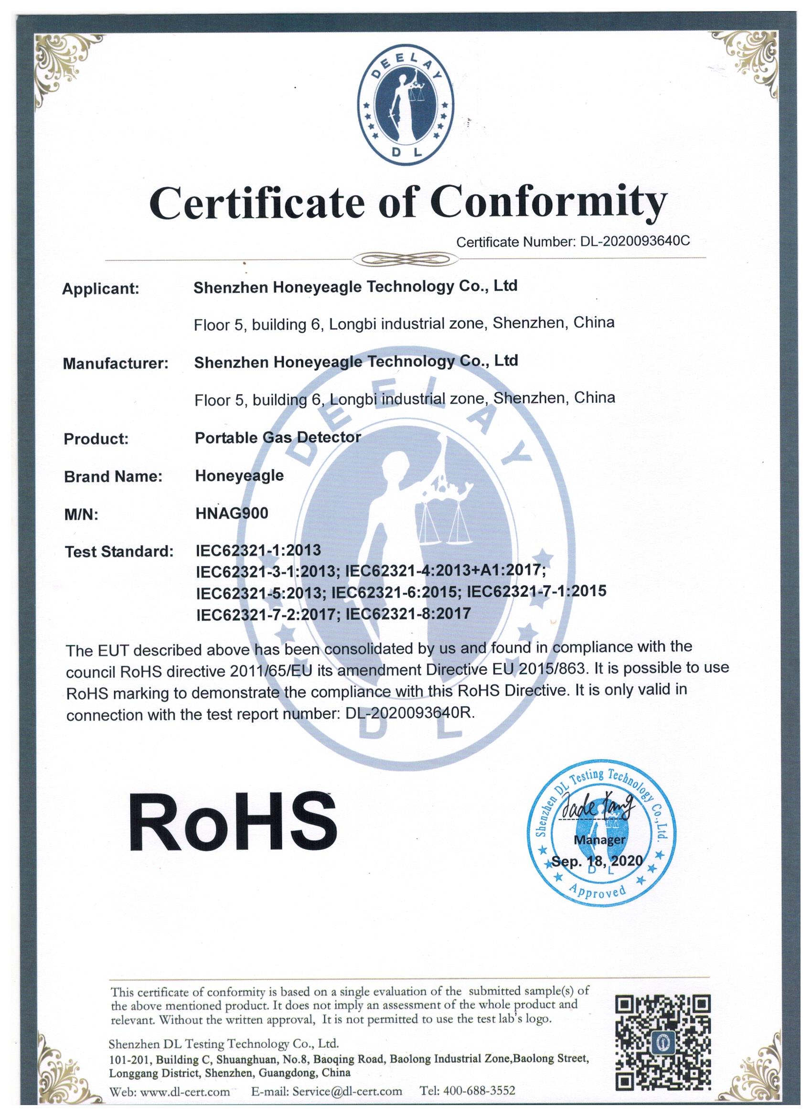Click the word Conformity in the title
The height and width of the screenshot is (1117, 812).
point(548,203)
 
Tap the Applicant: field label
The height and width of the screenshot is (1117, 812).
point(101,289)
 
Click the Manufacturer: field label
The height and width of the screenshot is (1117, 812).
point(116,364)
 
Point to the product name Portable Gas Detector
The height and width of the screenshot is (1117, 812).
point(278,437)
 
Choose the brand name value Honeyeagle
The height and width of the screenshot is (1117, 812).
point(239,475)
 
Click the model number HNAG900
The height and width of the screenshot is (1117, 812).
point(232,513)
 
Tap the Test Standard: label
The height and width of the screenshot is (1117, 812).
point(119,552)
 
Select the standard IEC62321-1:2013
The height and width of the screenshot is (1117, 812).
point(258,550)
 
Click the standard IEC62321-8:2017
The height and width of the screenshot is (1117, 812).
point(408,613)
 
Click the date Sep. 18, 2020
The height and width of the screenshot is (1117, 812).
point(597,860)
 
